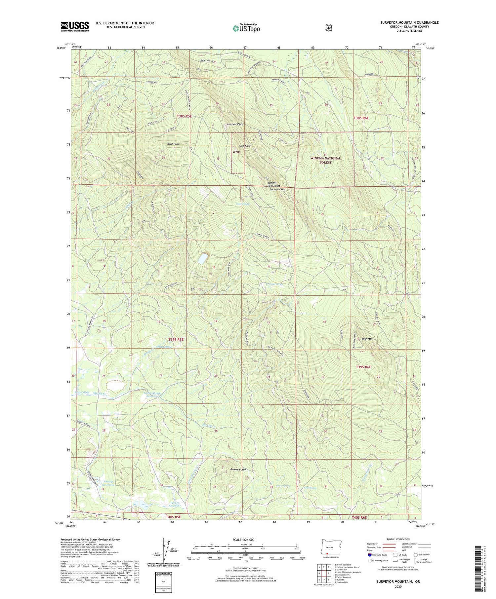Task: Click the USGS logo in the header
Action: tap(75, 26)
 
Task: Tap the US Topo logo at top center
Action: tap(246, 28)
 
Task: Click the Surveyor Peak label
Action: tap(234, 124)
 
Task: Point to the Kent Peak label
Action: tap(173, 144)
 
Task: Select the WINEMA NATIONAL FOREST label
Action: tap(325, 160)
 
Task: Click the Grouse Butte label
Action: tap(238, 469)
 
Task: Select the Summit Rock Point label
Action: tap(273, 184)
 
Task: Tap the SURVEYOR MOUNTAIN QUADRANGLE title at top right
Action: tap(409, 22)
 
